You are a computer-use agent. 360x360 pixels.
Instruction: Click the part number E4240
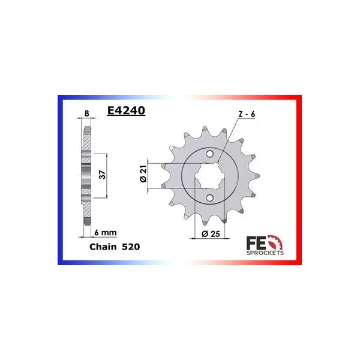click(126, 110)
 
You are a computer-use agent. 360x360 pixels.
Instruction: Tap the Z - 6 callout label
click(247, 114)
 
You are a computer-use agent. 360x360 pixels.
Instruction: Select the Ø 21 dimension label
click(143, 174)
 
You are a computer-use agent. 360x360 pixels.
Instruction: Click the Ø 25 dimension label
click(211, 234)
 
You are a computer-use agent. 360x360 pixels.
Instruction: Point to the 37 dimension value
click(102, 175)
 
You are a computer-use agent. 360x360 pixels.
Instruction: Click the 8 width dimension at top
click(86, 113)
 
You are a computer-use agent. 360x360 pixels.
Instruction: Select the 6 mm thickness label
click(106, 233)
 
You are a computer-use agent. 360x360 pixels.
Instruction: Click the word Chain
click(103, 247)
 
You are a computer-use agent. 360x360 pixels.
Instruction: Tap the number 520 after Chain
click(131, 247)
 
